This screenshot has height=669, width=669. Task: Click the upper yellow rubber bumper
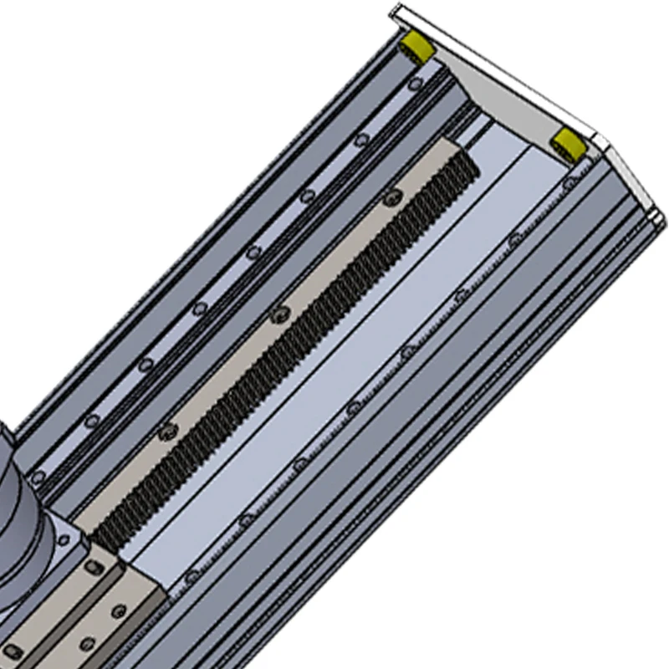pos(416,47)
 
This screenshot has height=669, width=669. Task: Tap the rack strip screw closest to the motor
pos(168,430)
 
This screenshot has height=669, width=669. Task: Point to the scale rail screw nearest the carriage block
pos(191,575)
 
